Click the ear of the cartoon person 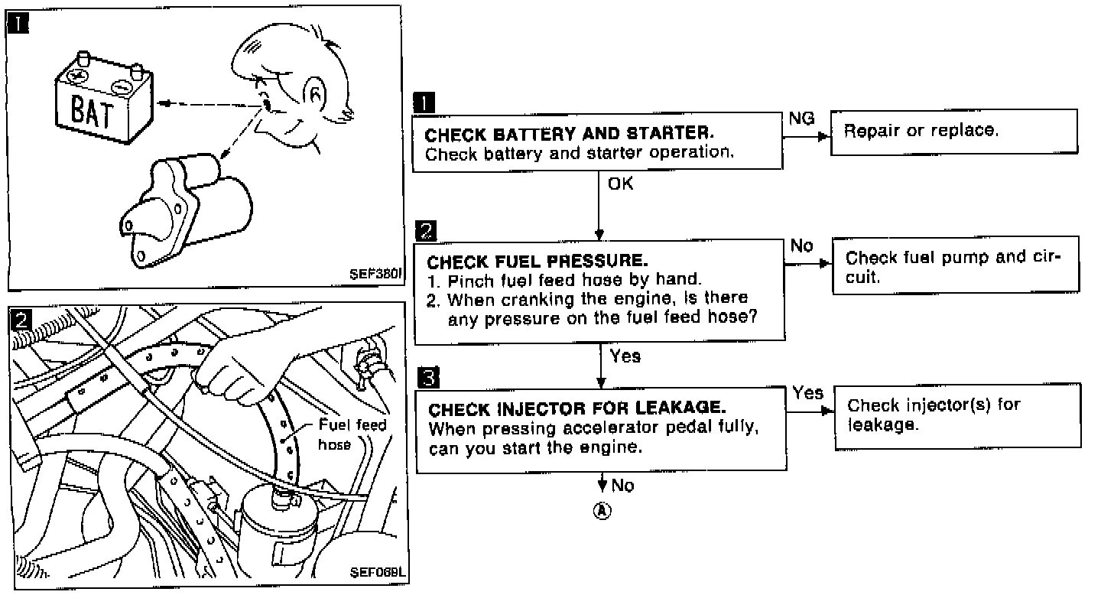pos(314,96)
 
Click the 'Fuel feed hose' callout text pos(352,434)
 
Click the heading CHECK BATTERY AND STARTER pos(569,135)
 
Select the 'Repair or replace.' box pos(953,138)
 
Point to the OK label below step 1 pos(620,184)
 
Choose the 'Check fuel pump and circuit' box pos(955,267)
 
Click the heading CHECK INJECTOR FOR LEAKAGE pos(577,408)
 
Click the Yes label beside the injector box pos(807,393)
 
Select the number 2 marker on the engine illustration pos(22,318)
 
